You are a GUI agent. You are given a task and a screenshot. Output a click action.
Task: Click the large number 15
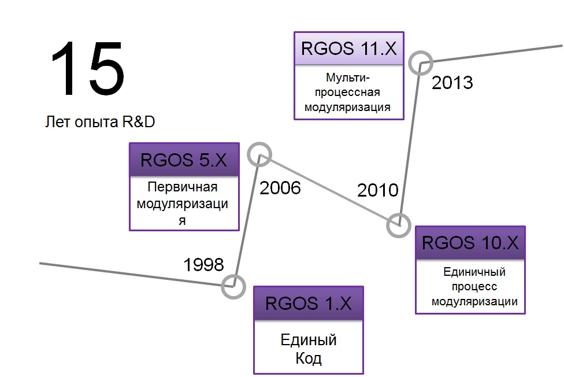(88, 68)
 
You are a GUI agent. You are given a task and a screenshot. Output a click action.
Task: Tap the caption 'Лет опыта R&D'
(100, 122)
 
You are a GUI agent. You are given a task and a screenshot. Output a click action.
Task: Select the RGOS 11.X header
(349, 48)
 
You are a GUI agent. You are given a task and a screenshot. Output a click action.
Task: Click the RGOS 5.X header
(184, 160)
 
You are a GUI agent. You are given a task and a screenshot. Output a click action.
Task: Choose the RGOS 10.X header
(470, 243)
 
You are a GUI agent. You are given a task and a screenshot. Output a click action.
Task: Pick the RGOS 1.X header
(309, 303)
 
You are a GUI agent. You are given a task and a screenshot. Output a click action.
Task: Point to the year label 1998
(203, 265)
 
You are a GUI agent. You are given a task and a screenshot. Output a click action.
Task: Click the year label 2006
(280, 188)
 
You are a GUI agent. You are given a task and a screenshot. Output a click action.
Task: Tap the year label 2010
(378, 190)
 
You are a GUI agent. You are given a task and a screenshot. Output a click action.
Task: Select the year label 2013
(452, 83)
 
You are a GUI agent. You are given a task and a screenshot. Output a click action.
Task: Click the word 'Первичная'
(183, 187)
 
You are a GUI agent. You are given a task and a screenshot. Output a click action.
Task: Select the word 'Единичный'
(474, 272)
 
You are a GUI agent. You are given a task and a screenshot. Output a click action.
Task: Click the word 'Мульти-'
(348, 77)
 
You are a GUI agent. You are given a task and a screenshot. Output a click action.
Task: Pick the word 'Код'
(309, 358)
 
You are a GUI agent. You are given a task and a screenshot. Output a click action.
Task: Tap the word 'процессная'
(347, 92)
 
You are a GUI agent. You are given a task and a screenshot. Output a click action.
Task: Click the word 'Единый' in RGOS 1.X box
(309, 340)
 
